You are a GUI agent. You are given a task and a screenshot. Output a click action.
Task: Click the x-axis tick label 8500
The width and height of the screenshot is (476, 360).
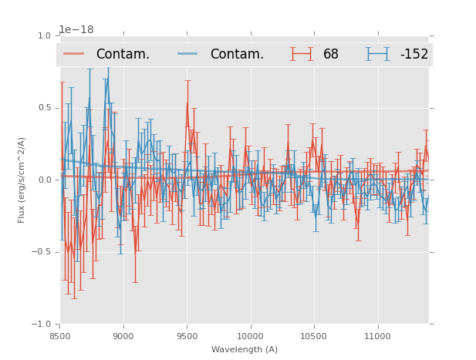(x=60, y=336)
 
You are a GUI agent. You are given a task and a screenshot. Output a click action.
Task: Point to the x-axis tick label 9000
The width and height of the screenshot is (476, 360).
(x=123, y=336)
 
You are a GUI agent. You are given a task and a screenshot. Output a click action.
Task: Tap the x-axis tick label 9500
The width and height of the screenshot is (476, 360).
(x=187, y=336)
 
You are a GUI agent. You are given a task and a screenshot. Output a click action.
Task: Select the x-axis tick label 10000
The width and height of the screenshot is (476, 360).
(x=250, y=336)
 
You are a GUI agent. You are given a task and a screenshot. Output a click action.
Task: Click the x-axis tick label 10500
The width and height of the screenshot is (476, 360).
(x=313, y=336)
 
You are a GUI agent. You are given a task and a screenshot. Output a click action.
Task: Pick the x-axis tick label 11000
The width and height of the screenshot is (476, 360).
(x=376, y=336)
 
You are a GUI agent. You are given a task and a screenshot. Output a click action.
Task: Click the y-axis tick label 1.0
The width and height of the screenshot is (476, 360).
(x=44, y=35)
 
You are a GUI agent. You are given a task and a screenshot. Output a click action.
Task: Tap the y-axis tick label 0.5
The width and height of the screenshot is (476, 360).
(x=44, y=108)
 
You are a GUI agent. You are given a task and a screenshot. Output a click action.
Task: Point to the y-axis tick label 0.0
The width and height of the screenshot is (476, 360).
(x=44, y=180)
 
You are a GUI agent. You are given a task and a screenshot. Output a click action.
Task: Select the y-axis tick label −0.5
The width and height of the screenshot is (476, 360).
(x=42, y=252)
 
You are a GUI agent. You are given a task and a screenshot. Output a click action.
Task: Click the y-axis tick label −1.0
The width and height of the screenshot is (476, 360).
(x=42, y=325)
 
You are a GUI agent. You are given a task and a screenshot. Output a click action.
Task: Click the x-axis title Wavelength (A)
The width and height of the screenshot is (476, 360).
(x=245, y=349)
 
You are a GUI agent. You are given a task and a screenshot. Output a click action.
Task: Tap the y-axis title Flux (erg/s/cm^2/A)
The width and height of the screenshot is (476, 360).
(x=22, y=180)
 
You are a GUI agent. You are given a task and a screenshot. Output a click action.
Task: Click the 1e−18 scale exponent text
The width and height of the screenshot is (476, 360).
(x=76, y=30)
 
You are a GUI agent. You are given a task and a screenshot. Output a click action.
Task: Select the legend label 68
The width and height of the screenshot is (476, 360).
(x=331, y=55)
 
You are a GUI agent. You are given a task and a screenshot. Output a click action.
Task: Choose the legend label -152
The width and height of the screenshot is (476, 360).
(x=414, y=55)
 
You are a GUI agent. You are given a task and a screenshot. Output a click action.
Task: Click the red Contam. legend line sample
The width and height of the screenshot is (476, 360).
(x=76, y=54)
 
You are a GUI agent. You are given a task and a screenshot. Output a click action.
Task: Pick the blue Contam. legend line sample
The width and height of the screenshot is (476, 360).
(x=189, y=54)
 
